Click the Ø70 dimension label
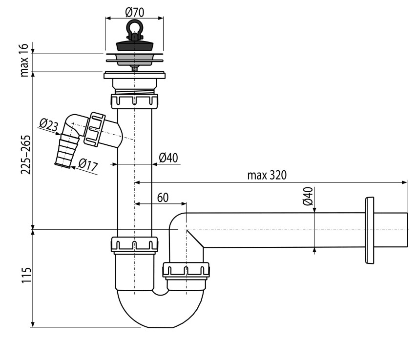click(135, 12)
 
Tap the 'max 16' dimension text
click(24, 60)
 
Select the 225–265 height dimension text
click(26, 155)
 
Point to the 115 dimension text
click(26, 275)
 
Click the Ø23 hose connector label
click(49, 125)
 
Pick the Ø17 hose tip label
click(88, 165)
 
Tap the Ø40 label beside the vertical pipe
click(168, 158)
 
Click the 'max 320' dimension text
click(267, 175)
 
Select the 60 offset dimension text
click(163, 198)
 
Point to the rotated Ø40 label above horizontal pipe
click(308, 196)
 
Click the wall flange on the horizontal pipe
click(370, 230)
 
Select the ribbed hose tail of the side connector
click(67, 151)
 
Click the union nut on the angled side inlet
click(94, 129)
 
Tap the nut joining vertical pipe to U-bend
click(134, 244)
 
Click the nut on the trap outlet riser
click(186, 270)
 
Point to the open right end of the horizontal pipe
click(407, 230)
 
